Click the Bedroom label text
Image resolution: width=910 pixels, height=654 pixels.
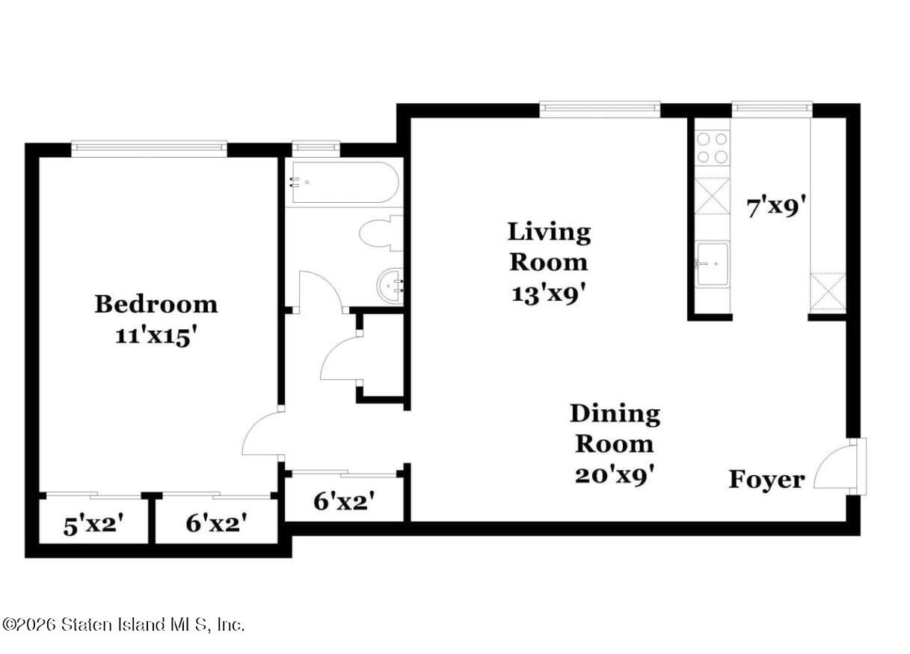click(x=156, y=305)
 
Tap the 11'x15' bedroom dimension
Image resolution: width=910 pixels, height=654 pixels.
click(x=156, y=336)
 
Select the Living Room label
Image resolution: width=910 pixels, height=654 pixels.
click(x=549, y=246)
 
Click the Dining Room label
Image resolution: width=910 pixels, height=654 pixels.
click(x=615, y=428)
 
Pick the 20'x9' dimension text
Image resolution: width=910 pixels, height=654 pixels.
click(x=615, y=475)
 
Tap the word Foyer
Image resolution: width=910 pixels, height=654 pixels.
click(x=766, y=480)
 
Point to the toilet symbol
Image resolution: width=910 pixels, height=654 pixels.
click(x=381, y=233)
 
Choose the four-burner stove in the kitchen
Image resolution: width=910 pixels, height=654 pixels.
click(x=712, y=147)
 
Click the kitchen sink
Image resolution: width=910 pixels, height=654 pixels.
click(x=712, y=264)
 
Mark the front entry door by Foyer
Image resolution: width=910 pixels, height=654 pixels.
click(x=837, y=466)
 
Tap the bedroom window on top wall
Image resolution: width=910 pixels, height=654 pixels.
click(x=149, y=148)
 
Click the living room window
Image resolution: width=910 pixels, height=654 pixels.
click(x=600, y=109)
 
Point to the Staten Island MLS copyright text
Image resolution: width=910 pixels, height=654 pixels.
click(x=123, y=624)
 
